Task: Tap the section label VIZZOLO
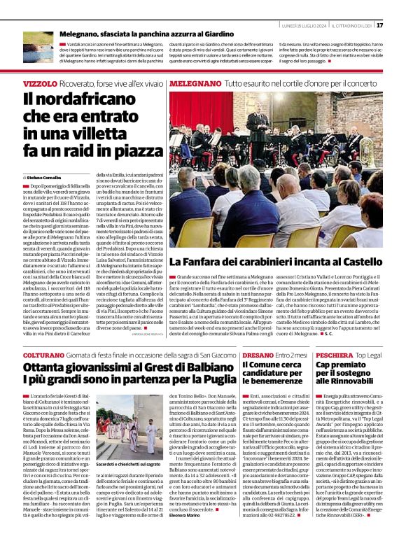pos(39,83)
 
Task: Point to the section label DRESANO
pos(257,355)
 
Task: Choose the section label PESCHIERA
pos(334,355)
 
